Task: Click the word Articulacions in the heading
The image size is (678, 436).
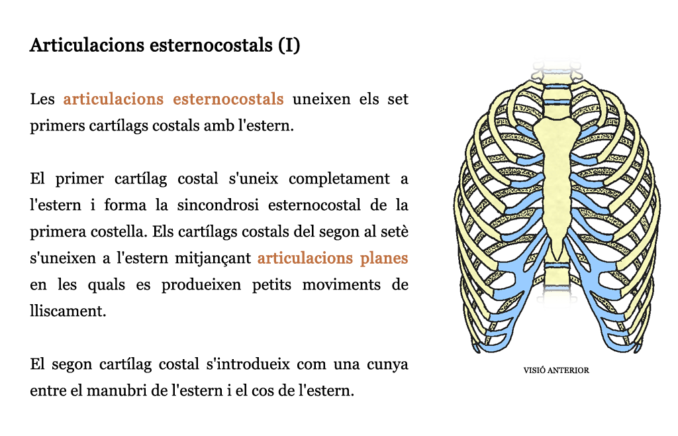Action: pos(87,45)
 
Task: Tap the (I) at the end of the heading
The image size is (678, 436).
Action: pos(289,46)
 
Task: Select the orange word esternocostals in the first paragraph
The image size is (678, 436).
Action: pos(228,99)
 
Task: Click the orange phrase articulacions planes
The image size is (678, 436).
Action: pos(332,258)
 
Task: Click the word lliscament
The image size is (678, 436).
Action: pos(68,311)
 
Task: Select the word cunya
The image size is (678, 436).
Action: pos(387,364)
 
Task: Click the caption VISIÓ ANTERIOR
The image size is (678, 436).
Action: pos(556,370)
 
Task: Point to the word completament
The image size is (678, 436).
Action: pos(340,179)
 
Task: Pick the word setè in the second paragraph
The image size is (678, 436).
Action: pos(395,231)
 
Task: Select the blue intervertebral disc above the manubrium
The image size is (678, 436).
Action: pos(556,103)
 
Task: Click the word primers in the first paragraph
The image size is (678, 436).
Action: pos(58,126)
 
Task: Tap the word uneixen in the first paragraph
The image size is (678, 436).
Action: pos(321,99)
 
